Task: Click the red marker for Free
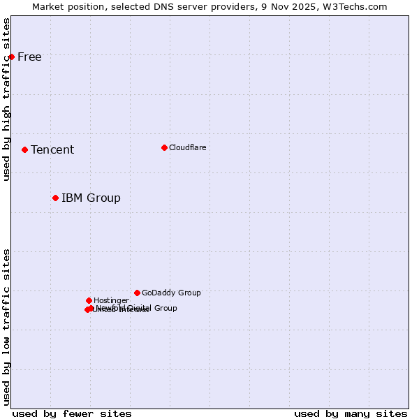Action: click(11, 57)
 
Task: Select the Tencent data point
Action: click(24, 149)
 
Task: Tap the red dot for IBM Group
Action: click(55, 198)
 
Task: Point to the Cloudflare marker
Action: click(164, 147)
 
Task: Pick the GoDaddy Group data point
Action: click(137, 293)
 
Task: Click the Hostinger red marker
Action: click(89, 300)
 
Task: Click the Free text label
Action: click(29, 57)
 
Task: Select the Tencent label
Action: click(52, 150)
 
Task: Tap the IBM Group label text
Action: click(91, 198)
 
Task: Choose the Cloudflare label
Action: click(188, 148)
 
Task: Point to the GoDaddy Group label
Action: click(171, 293)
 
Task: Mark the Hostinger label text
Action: click(111, 301)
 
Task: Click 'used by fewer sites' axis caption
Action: click(72, 413)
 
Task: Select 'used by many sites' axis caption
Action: click(351, 413)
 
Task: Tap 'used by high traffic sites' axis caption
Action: click(7, 99)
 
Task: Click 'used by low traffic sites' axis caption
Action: click(7, 327)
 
